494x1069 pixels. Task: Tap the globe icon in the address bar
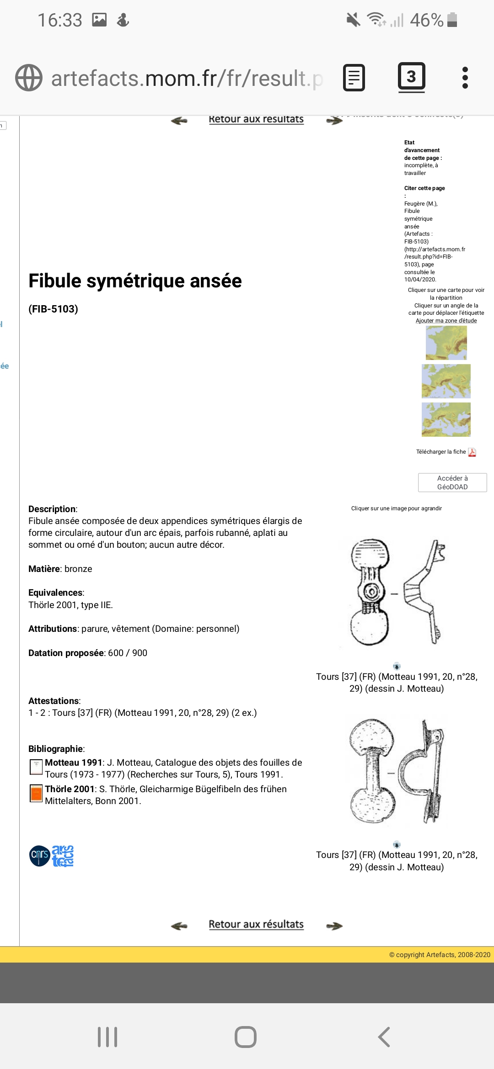click(x=29, y=78)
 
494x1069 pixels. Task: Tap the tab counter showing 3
click(x=411, y=77)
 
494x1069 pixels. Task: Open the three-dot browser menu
click(x=465, y=78)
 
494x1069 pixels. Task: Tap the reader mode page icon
click(x=354, y=78)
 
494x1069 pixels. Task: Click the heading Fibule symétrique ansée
click(x=135, y=280)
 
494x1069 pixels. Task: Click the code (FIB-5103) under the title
click(x=53, y=309)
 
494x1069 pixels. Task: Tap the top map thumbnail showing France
click(x=446, y=343)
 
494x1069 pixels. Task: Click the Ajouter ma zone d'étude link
click(x=446, y=321)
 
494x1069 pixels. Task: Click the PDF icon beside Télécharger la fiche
click(x=472, y=452)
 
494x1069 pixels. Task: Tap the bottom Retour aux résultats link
click(x=256, y=924)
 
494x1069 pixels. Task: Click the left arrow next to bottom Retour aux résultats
click(x=179, y=926)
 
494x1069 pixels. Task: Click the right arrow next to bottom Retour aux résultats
click(x=334, y=926)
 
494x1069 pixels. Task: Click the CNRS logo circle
click(x=39, y=856)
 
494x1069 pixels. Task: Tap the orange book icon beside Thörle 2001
click(x=36, y=794)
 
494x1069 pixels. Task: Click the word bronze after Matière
click(x=78, y=569)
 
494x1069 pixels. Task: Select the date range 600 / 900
click(x=128, y=653)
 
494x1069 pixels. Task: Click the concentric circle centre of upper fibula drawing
click(x=371, y=592)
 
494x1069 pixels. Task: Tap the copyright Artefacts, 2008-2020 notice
click(x=439, y=955)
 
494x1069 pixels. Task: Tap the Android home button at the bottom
click(x=246, y=1037)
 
